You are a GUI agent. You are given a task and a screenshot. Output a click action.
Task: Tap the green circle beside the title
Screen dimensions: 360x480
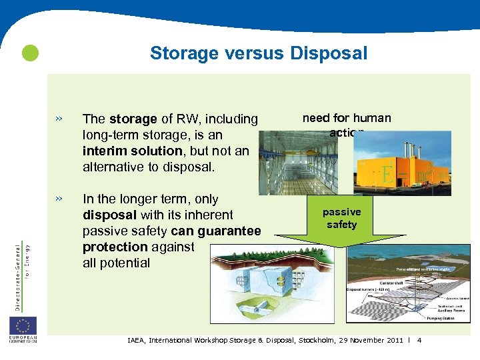pyautogui.click(x=29, y=53)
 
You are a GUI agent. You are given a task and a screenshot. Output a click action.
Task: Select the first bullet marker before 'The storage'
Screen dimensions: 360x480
pyautogui.click(x=59, y=119)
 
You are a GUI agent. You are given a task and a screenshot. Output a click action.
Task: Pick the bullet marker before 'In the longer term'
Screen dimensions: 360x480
pyautogui.click(x=59, y=199)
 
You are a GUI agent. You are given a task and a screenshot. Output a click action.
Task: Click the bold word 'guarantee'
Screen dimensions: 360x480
pyautogui.click(x=230, y=231)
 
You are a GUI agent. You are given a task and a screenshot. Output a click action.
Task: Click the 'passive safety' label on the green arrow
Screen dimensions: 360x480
pyautogui.click(x=341, y=218)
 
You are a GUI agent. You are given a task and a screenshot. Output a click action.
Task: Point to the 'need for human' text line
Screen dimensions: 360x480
pyautogui.click(x=347, y=118)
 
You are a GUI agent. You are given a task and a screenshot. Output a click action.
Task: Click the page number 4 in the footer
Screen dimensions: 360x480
pyautogui.click(x=419, y=340)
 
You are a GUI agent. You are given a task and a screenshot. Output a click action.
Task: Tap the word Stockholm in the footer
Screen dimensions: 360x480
pyautogui.click(x=317, y=340)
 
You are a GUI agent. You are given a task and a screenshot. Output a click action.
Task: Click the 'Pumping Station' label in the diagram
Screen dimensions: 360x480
pyautogui.click(x=434, y=318)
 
